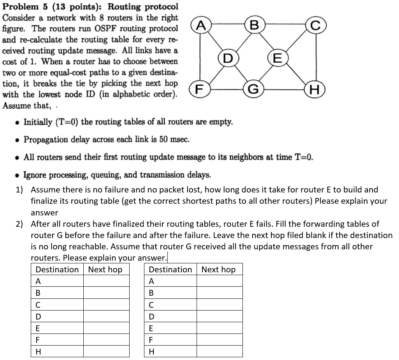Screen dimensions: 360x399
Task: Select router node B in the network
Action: [x=254, y=26]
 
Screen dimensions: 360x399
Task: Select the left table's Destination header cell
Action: [x=57, y=270]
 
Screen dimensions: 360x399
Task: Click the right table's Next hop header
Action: [x=218, y=270]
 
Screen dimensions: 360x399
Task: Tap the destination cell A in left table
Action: [x=57, y=281]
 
